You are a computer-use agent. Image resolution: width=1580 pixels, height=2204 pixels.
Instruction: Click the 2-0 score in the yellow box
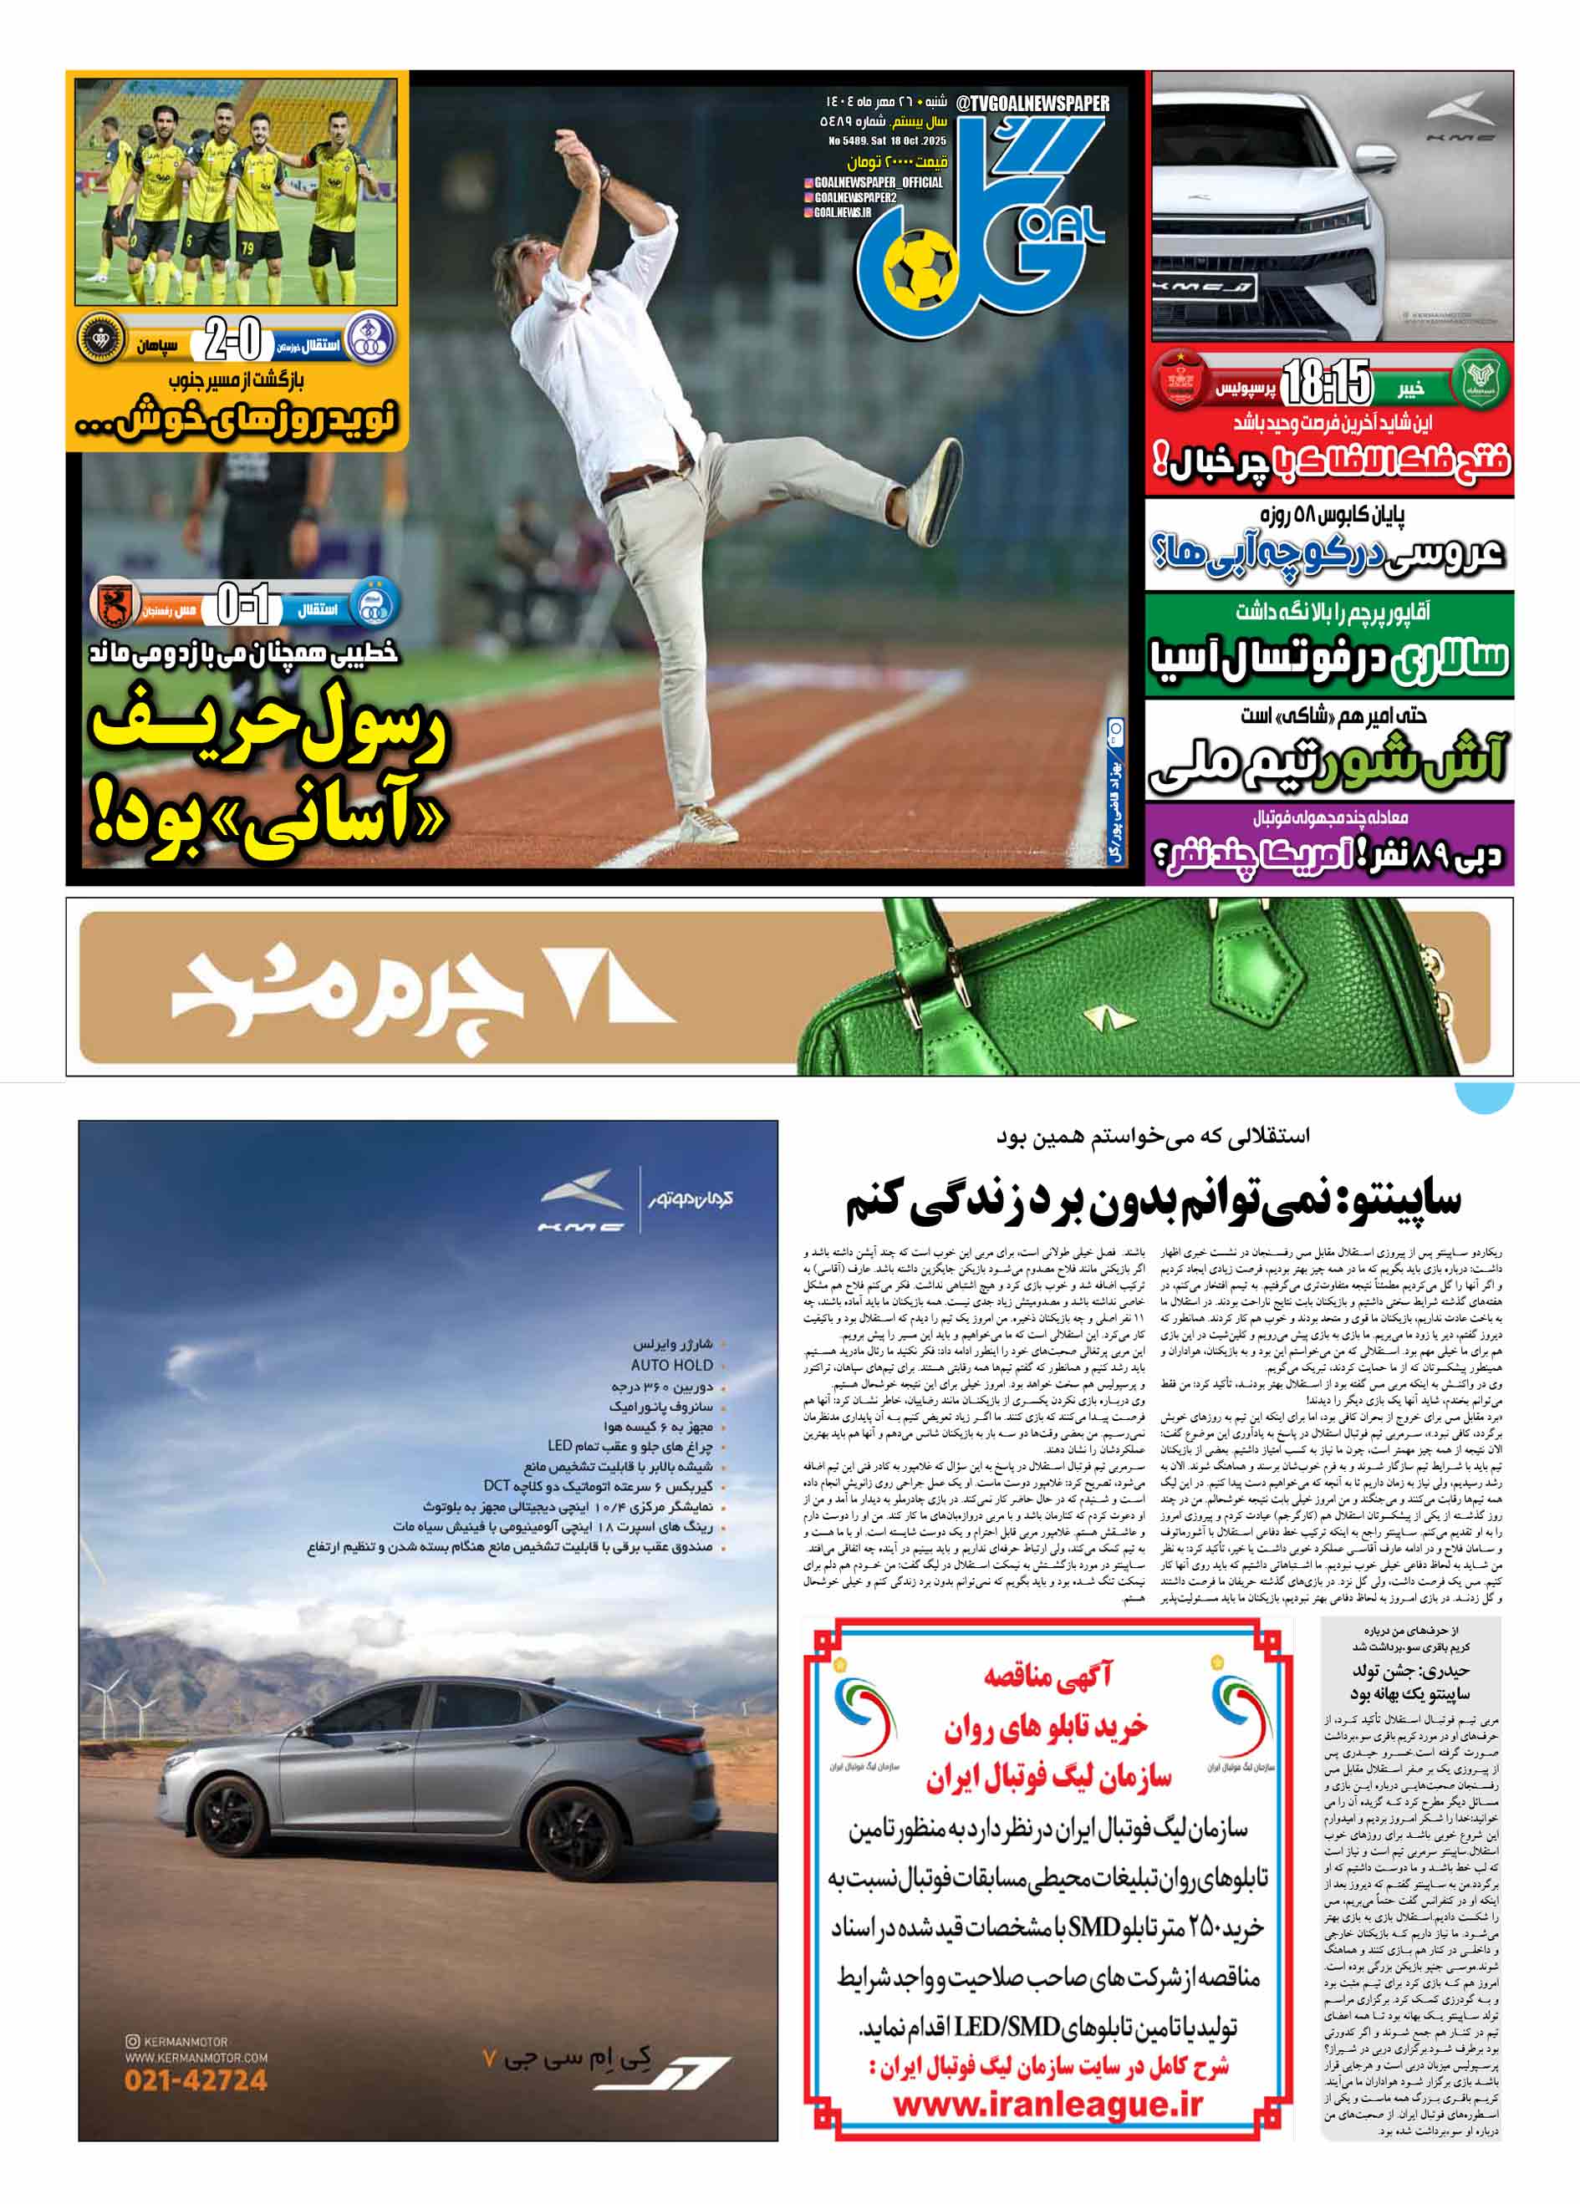click(233, 342)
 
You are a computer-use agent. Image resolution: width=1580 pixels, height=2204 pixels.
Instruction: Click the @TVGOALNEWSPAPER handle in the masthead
click(1032, 103)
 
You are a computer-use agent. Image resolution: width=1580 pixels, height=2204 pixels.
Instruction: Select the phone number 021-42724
click(196, 2080)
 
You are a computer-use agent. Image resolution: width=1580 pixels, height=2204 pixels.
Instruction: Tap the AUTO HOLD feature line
click(671, 1364)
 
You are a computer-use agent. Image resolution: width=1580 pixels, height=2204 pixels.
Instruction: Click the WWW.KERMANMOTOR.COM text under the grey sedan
click(196, 2057)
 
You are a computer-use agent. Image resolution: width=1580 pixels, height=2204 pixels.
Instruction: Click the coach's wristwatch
click(604, 176)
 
